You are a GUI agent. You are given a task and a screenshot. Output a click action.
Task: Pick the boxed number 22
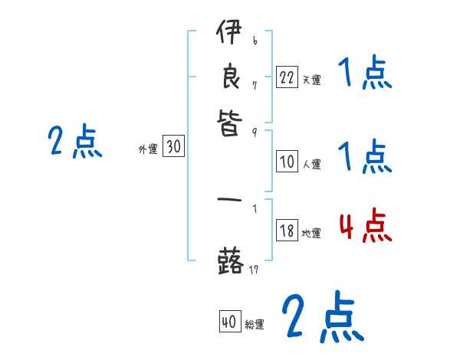coord(287,77)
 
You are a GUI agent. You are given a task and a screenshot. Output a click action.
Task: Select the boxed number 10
coord(287,162)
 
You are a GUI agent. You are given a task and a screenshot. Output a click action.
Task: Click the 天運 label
coord(311,79)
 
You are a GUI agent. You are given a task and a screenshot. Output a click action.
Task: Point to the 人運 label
coord(311,163)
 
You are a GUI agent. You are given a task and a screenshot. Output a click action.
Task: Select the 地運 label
coord(311,234)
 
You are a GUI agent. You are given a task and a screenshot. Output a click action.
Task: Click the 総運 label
coord(255,325)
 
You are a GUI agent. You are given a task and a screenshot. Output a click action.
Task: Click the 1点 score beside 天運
coord(365,74)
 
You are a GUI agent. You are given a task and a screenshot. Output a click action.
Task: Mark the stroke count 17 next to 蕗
coord(255,270)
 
